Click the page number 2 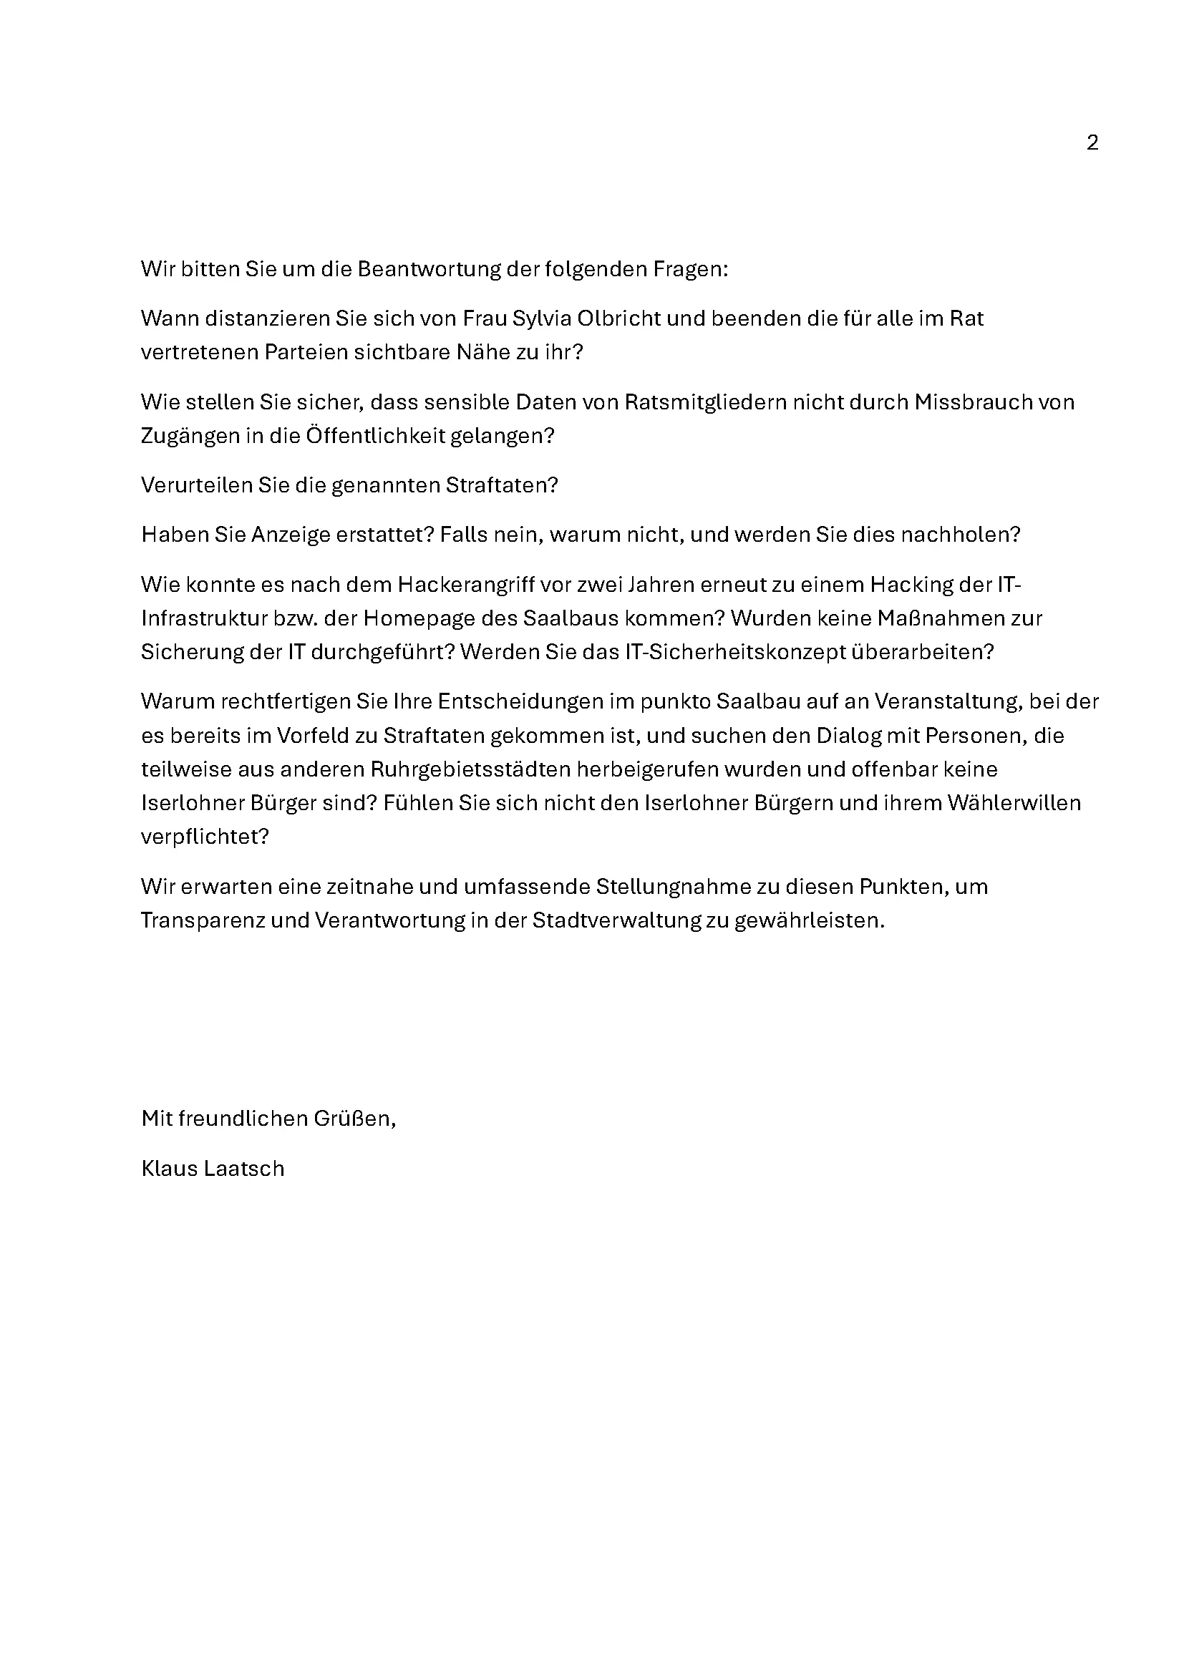click(1092, 143)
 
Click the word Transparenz click(201, 921)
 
